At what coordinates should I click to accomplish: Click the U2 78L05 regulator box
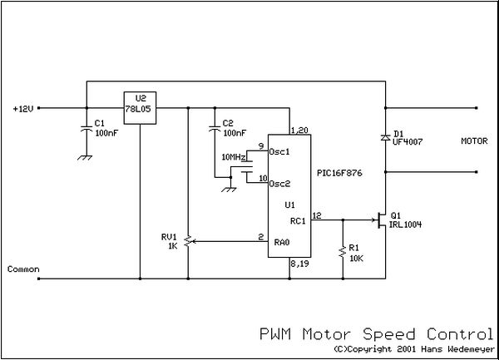click(140, 108)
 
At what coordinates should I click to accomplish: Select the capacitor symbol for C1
click(86, 129)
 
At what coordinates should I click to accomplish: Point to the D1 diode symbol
click(385, 137)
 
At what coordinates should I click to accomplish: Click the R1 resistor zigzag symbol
click(343, 251)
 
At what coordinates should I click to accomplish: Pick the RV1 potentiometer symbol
click(189, 242)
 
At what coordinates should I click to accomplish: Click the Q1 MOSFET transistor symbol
click(381, 219)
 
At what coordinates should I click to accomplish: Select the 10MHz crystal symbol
click(247, 166)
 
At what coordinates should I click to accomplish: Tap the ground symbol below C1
click(85, 157)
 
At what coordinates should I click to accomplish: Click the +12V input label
click(23, 109)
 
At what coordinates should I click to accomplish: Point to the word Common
click(23, 269)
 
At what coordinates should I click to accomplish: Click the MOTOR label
click(474, 141)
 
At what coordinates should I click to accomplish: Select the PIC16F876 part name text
click(339, 173)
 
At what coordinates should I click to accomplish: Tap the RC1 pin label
click(298, 220)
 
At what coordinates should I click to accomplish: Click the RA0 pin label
click(282, 242)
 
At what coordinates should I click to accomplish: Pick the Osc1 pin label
click(279, 151)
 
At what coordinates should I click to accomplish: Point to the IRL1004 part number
click(406, 224)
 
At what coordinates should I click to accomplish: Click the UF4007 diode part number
click(408, 142)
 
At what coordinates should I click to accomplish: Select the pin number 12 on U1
click(317, 215)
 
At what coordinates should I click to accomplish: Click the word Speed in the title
click(389, 335)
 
